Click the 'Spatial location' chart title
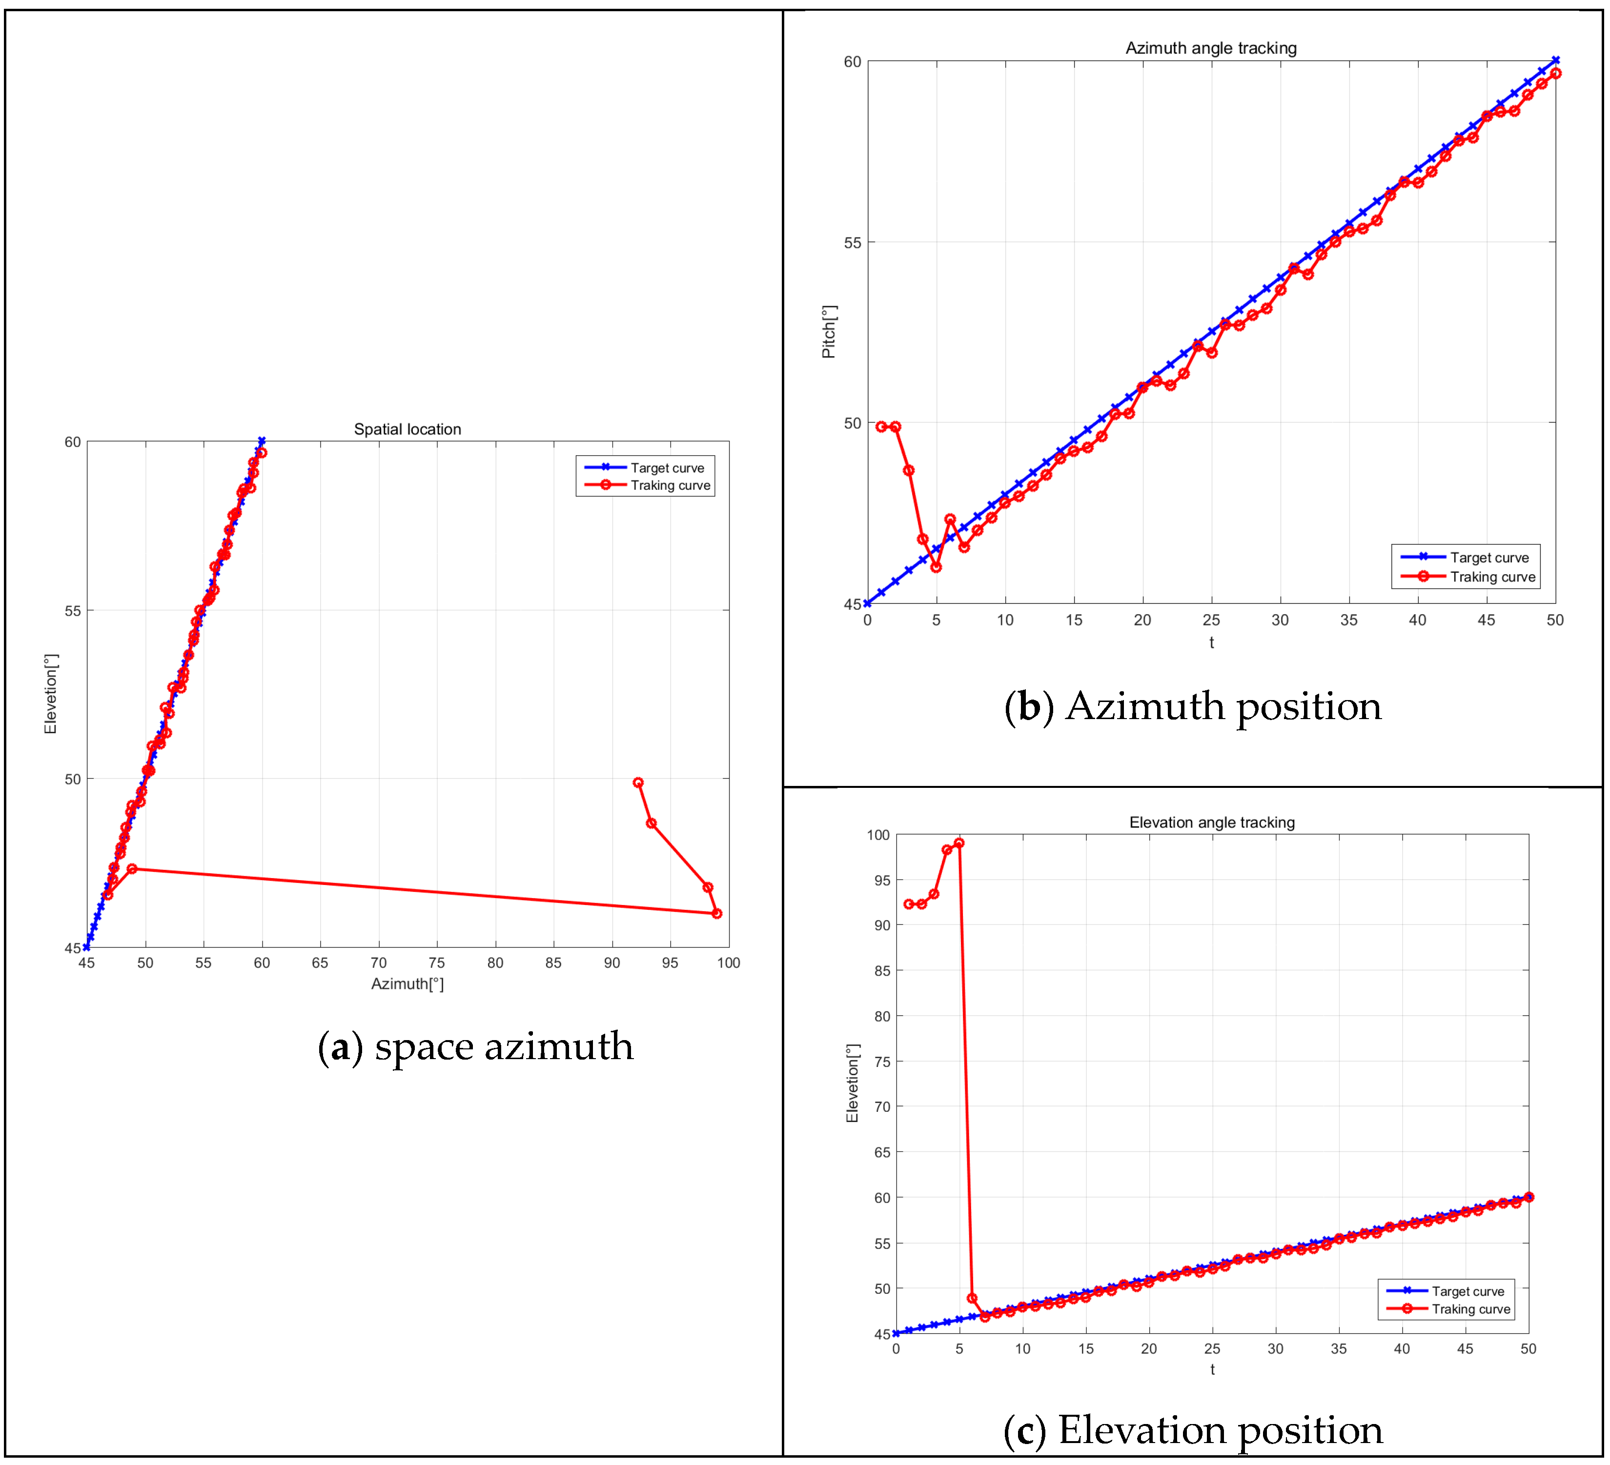pyautogui.click(x=408, y=429)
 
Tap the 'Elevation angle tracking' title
pyautogui.click(x=1211, y=823)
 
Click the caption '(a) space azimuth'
pyautogui.click(x=475, y=1046)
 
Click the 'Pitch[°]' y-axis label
pyautogui.click(x=829, y=331)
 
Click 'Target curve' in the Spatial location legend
pyautogui.click(x=667, y=468)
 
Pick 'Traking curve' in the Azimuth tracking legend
pyautogui.click(x=1492, y=577)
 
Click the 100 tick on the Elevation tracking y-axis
pyautogui.click(x=877, y=835)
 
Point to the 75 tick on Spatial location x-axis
pyautogui.click(x=437, y=963)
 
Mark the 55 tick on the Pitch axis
pyautogui.click(x=852, y=242)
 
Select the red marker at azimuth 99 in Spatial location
pyautogui.click(x=716, y=913)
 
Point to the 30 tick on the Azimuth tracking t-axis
pyautogui.click(x=1280, y=621)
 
